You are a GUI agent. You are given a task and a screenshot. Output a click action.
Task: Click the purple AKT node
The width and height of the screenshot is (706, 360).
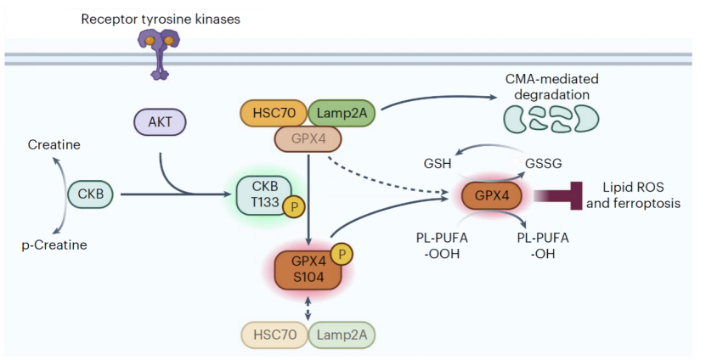coord(161,122)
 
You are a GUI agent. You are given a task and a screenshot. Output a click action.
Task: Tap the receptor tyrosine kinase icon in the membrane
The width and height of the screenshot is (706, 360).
coord(159,51)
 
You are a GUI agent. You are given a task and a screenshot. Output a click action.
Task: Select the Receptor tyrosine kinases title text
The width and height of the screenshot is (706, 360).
coord(160,18)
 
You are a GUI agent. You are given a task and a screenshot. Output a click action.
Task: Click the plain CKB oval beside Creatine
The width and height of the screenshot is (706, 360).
coord(89,194)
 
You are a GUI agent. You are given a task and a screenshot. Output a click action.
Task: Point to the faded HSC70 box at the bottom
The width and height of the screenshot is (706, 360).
coord(273,335)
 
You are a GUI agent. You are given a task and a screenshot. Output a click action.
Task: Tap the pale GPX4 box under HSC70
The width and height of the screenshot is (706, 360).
coord(307,138)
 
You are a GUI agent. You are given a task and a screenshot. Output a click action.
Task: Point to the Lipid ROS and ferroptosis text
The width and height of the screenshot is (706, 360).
coord(641,196)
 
